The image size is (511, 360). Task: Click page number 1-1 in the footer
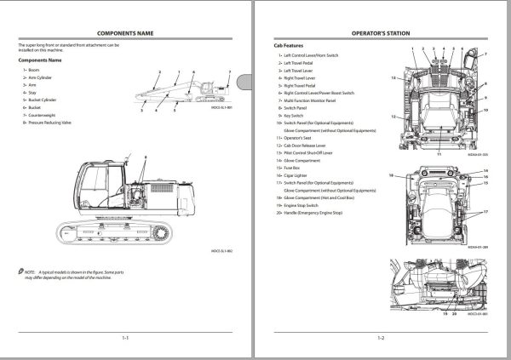point(124,338)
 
